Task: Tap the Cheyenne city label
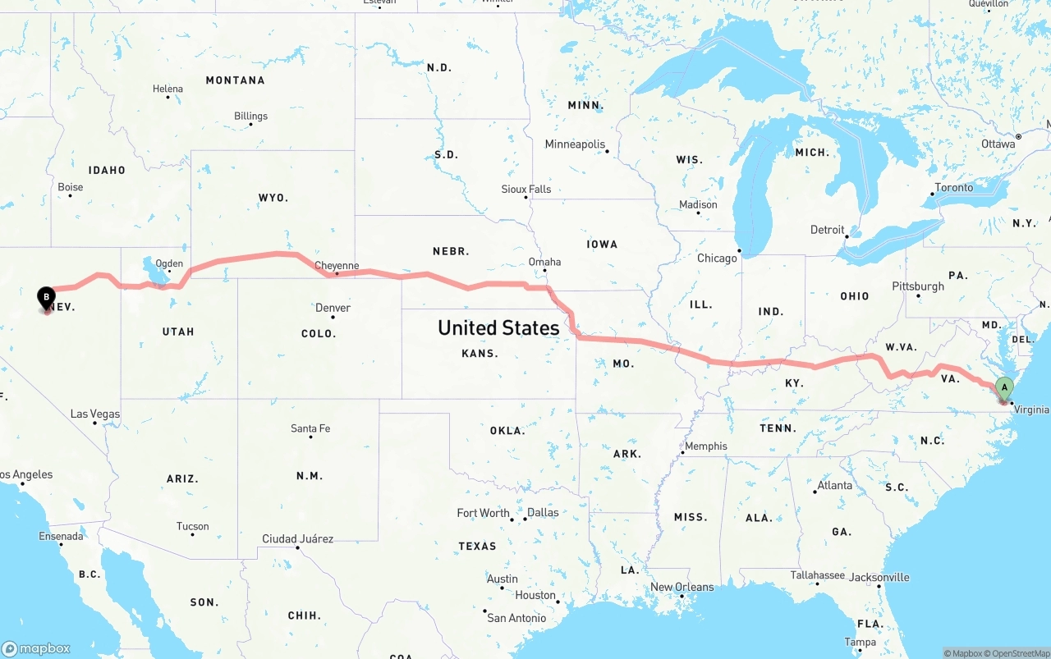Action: pyautogui.click(x=337, y=266)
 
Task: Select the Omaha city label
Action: pyautogui.click(x=544, y=262)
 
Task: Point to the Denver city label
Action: pyautogui.click(x=333, y=308)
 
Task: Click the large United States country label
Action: pyautogui.click(x=498, y=327)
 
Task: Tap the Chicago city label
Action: pyautogui.click(x=717, y=259)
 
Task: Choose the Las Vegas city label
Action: pyautogui.click(x=95, y=414)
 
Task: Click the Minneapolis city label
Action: pyautogui.click(x=575, y=144)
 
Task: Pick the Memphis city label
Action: pyautogui.click(x=705, y=446)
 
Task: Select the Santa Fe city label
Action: pyautogui.click(x=310, y=428)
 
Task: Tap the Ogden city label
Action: pyautogui.click(x=169, y=264)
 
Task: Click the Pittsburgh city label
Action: pyautogui.click(x=918, y=286)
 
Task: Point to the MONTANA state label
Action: pyautogui.click(x=235, y=80)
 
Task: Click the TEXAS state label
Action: pyautogui.click(x=477, y=546)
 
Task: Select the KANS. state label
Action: pyautogui.click(x=480, y=354)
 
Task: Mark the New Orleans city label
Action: pyautogui.click(x=682, y=587)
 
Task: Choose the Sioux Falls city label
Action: pyautogui.click(x=526, y=190)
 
